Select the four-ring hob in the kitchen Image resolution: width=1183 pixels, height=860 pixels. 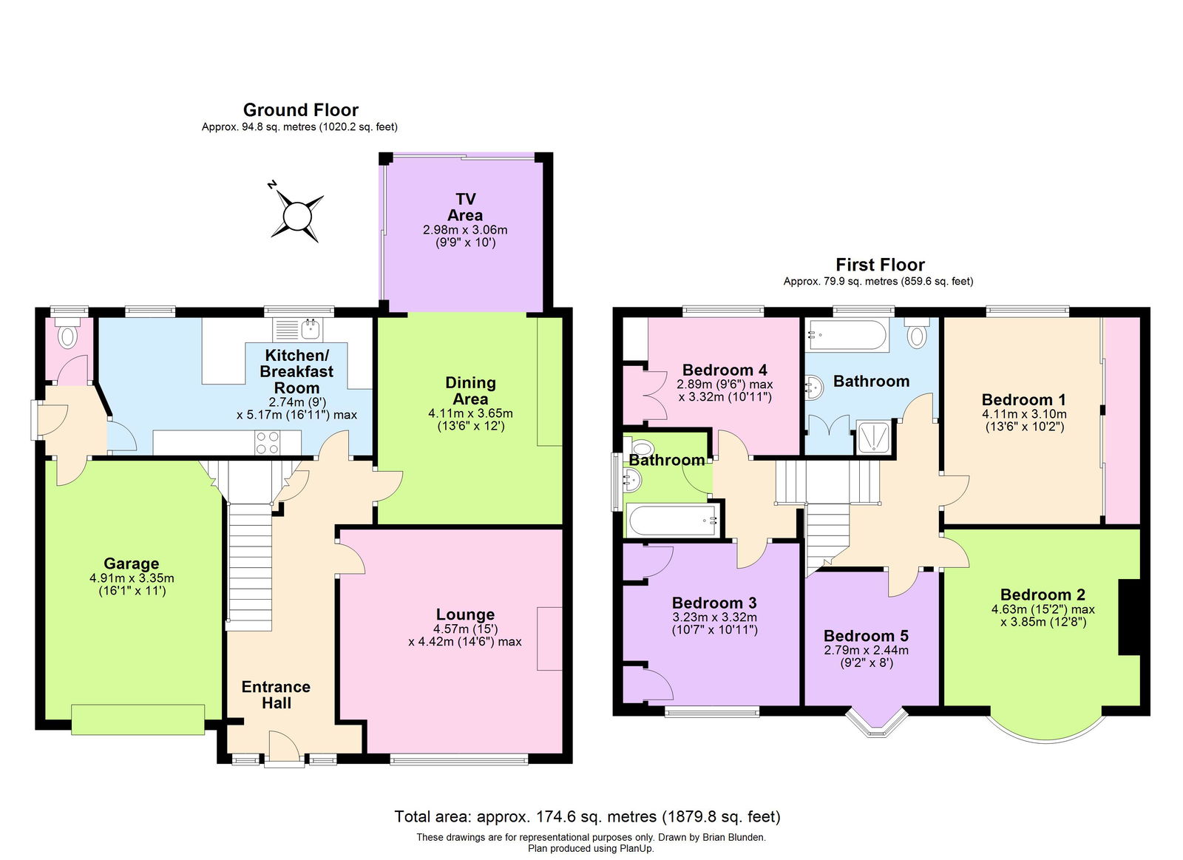point(267,442)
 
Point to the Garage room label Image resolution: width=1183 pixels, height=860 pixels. point(131,563)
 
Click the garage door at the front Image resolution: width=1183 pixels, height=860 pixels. point(138,719)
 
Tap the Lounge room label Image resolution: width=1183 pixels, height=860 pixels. point(465,614)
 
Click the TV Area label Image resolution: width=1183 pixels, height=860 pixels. point(465,207)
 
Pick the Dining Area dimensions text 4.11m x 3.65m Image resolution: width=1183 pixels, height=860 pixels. point(470,413)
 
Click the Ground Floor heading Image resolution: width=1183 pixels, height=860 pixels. point(300,110)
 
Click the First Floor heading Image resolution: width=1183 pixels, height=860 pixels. point(880,265)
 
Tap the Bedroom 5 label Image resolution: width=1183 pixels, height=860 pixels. point(866,636)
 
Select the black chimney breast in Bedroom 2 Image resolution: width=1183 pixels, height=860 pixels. point(1129,617)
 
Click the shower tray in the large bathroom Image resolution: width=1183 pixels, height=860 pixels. point(874,438)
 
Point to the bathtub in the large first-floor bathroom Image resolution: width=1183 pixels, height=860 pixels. point(846,335)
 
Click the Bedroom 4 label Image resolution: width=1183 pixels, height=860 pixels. point(725,370)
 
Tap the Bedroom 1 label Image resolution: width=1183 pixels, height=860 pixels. point(1023,400)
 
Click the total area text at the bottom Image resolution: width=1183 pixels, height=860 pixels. point(587,816)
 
